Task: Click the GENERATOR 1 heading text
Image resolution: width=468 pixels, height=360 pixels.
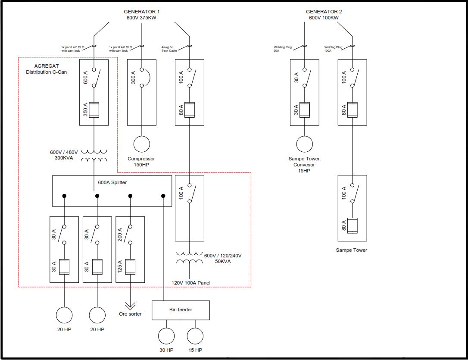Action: [x=142, y=12]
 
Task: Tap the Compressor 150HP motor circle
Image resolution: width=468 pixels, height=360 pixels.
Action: [x=141, y=144]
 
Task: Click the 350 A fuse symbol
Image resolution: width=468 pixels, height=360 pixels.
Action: [x=94, y=110]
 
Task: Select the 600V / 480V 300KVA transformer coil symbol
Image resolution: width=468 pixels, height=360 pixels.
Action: [x=94, y=156]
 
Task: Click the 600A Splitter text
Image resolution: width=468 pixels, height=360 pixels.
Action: [x=112, y=182]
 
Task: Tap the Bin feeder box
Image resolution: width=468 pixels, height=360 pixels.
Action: [x=181, y=310]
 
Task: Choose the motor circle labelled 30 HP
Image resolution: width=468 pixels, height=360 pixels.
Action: [x=166, y=336]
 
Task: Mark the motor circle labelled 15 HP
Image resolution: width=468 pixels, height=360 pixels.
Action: [x=195, y=336]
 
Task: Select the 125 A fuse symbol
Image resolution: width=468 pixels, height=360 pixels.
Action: [x=130, y=267]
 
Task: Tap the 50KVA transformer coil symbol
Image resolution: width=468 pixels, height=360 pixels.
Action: [x=189, y=257]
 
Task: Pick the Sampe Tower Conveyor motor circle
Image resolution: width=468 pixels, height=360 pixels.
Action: [x=304, y=144]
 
